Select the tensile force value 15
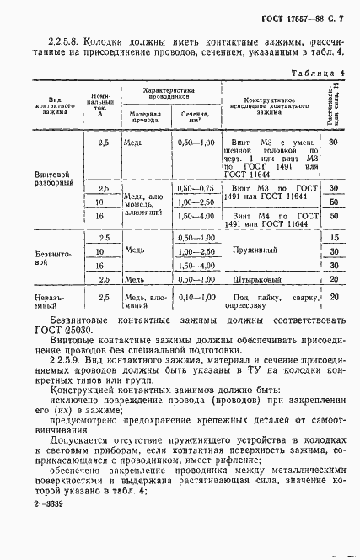tap(334, 239)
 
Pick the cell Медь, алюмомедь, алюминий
tap(145, 203)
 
